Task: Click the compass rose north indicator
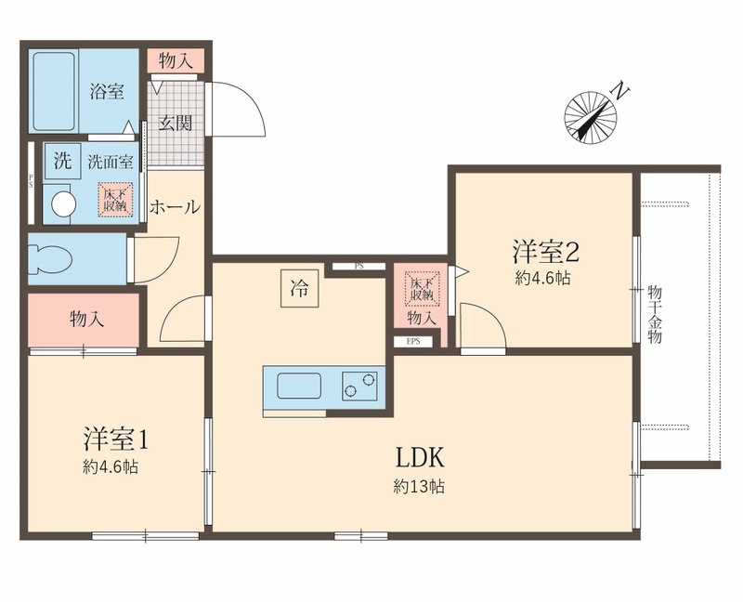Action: pyautogui.click(x=591, y=117)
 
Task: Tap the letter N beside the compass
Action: pyautogui.click(x=619, y=90)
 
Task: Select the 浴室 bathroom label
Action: pyautogui.click(x=107, y=91)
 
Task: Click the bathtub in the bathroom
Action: pyautogui.click(x=55, y=91)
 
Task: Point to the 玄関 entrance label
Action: pyautogui.click(x=176, y=124)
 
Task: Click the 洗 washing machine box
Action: pyautogui.click(x=62, y=161)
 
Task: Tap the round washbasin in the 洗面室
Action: pyautogui.click(x=64, y=204)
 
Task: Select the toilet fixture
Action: pyautogui.click(x=50, y=259)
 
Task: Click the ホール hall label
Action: pyautogui.click(x=175, y=206)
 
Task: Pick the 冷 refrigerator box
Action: pyautogui.click(x=299, y=288)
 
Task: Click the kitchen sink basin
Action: pyautogui.click(x=299, y=386)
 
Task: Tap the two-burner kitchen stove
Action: pyautogui.click(x=359, y=386)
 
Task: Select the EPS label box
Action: pyautogui.click(x=413, y=341)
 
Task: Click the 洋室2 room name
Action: pyautogui.click(x=545, y=251)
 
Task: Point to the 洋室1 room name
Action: pyautogui.click(x=116, y=439)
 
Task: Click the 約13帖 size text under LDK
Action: pyautogui.click(x=419, y=486)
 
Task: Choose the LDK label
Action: pyautogui.click(x=420, y=458)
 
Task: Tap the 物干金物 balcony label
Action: pyautogui.click(x=655, y=314)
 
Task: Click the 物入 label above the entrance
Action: pyautogui.click(x=176, y=60)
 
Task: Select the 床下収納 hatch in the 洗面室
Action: pyautogui.click(x=115, y=201)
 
